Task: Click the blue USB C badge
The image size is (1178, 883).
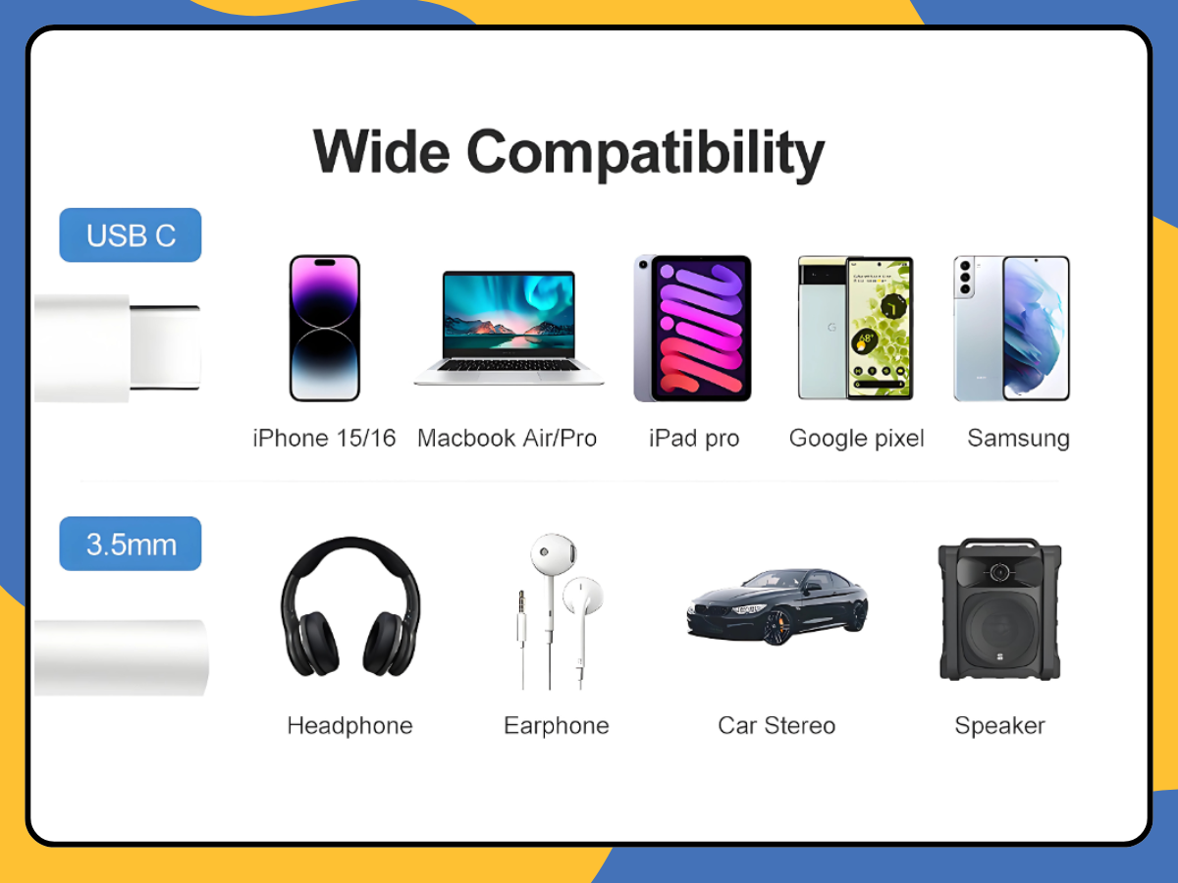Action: [x=131, y=234]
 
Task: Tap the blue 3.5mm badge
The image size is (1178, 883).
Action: [x=131, y=544]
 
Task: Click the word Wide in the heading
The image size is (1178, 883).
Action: [x=382, y=152]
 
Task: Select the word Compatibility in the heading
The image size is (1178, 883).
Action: [x=646, y=154]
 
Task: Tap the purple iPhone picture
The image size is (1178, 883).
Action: [x=325, y=328]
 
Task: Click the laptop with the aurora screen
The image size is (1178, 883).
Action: [x=509, y=328]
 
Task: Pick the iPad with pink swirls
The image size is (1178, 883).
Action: [x=692, y=328]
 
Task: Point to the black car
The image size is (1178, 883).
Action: [x=777, y=606]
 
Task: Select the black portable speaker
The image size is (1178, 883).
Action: [x=999, y=609]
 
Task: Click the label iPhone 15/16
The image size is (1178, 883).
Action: [x=324, y=438]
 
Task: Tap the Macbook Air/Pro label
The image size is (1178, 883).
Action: [x=508, y=438]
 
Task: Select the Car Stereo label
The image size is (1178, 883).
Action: [x=776, y=725]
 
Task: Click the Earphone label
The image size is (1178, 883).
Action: [x=557, y=726]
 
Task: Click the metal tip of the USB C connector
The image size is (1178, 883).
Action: [x=165, y=347]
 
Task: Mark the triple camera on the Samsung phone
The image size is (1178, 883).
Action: [x=964, y=278]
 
